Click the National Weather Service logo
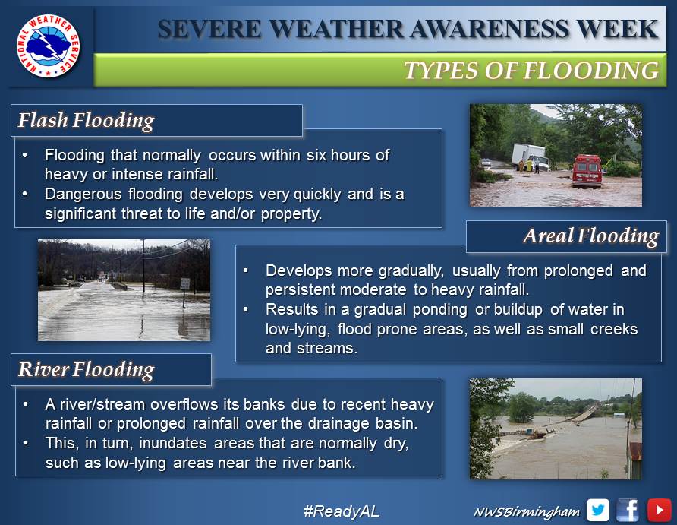tap(49, 46)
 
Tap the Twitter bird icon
tap(598, 511)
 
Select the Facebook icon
tap(628, 511)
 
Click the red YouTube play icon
tap(659, 511)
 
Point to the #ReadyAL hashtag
tap(342, 511)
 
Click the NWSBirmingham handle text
tap(527, 512)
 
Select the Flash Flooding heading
tap(86, 121)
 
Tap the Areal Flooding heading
tap(591, 236)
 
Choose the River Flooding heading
tap(86, 370)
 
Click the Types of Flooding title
tap(531, 70)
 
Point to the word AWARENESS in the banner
tap(489, 30)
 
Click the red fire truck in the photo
tap(587, 171)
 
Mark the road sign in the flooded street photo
tap(184, 284)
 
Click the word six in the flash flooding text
tap(316, 155)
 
